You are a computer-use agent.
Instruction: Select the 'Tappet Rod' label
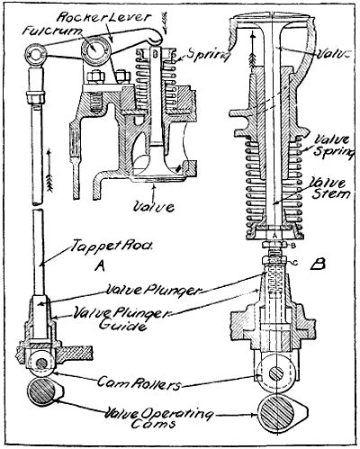(96, 244)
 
